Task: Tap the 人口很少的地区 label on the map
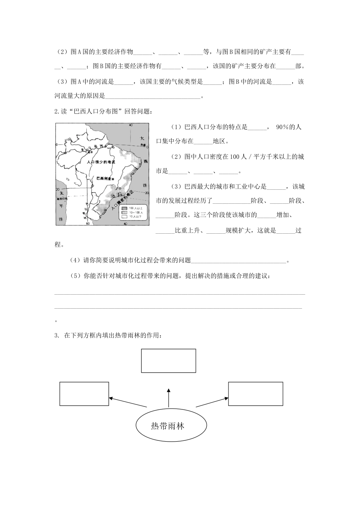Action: click(101, 162)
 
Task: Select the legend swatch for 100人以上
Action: click(124, 208)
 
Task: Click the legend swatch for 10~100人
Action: click(124, 212)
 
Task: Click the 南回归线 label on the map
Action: click(62, 198)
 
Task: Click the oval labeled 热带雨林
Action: click(171, 426)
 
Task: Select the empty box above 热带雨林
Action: click(169, 361)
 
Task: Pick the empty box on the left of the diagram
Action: click(84, 393)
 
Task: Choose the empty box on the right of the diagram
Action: click(255, 394)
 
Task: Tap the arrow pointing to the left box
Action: click(127, 402)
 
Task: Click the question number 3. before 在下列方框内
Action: click(57, 336)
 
